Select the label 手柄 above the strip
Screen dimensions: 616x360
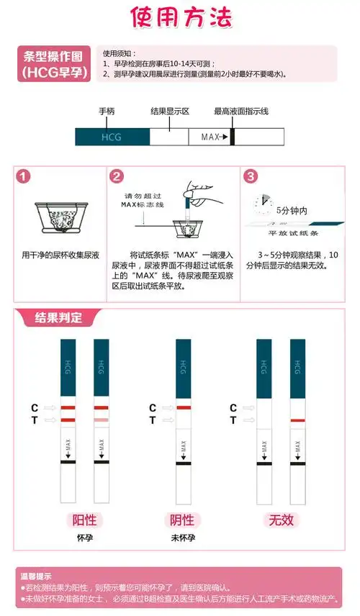107,112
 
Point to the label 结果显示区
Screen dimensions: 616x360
169,112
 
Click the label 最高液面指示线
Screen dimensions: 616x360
240,112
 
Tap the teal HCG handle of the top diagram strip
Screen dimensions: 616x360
112,137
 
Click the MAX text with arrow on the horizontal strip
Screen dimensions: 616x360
214,137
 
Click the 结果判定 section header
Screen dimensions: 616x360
58,317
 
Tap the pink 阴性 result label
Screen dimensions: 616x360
180,520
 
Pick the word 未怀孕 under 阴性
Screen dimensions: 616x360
180,538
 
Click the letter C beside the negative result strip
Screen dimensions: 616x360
153,408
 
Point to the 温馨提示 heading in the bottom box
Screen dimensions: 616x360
35,576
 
